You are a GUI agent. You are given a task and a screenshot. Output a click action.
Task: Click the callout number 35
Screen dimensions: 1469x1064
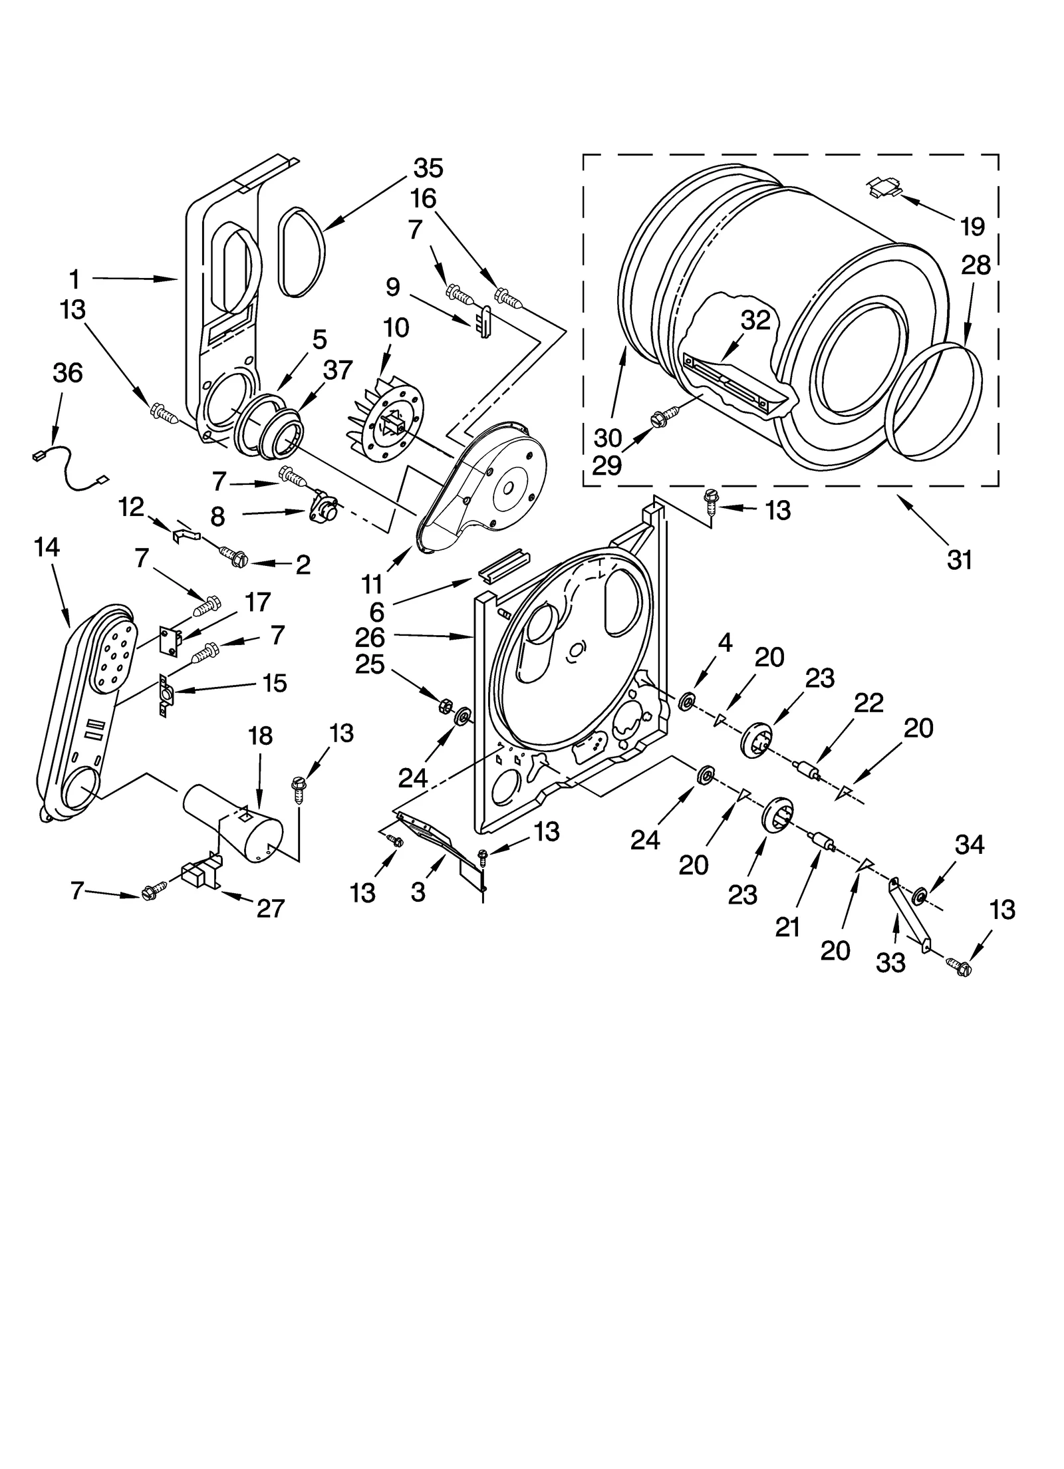428,168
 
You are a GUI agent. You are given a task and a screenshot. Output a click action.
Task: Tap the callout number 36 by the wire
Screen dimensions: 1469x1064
67,373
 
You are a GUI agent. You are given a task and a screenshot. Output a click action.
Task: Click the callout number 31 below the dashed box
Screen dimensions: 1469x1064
960,560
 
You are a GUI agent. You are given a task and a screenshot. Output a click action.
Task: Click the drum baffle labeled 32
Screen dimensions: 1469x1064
731,386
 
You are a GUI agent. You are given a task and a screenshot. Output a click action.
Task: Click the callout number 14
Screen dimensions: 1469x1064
47,547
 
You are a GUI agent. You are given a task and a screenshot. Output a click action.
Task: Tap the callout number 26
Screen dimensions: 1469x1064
370,637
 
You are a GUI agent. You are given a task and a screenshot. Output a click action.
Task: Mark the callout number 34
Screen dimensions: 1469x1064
969,846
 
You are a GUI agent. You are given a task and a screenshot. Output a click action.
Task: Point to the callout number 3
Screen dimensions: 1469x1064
418,892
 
